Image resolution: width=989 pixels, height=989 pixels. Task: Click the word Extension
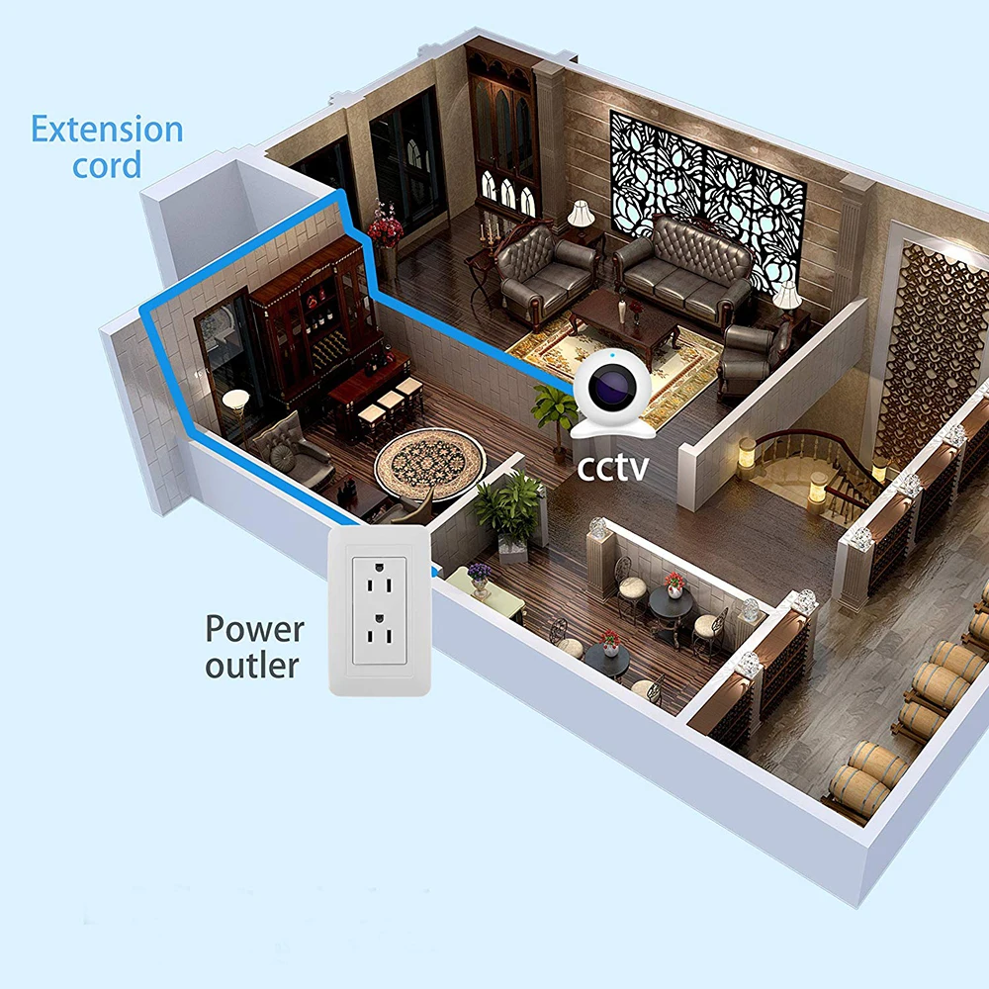pyautogui.click(x=107, y=130)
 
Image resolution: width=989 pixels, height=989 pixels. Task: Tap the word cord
pyautogui.click(x=107, y=165)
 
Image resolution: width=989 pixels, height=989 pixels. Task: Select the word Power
pyautogui.click(x=254, y=629)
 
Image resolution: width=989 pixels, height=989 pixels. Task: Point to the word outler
pyautogui.click(x=251, y=665)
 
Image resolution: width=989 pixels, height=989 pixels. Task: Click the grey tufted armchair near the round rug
pyautogui.click(x=288, y=450)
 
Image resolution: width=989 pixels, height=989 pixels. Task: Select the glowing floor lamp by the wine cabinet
pyautogui.click(x=237, y=405)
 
